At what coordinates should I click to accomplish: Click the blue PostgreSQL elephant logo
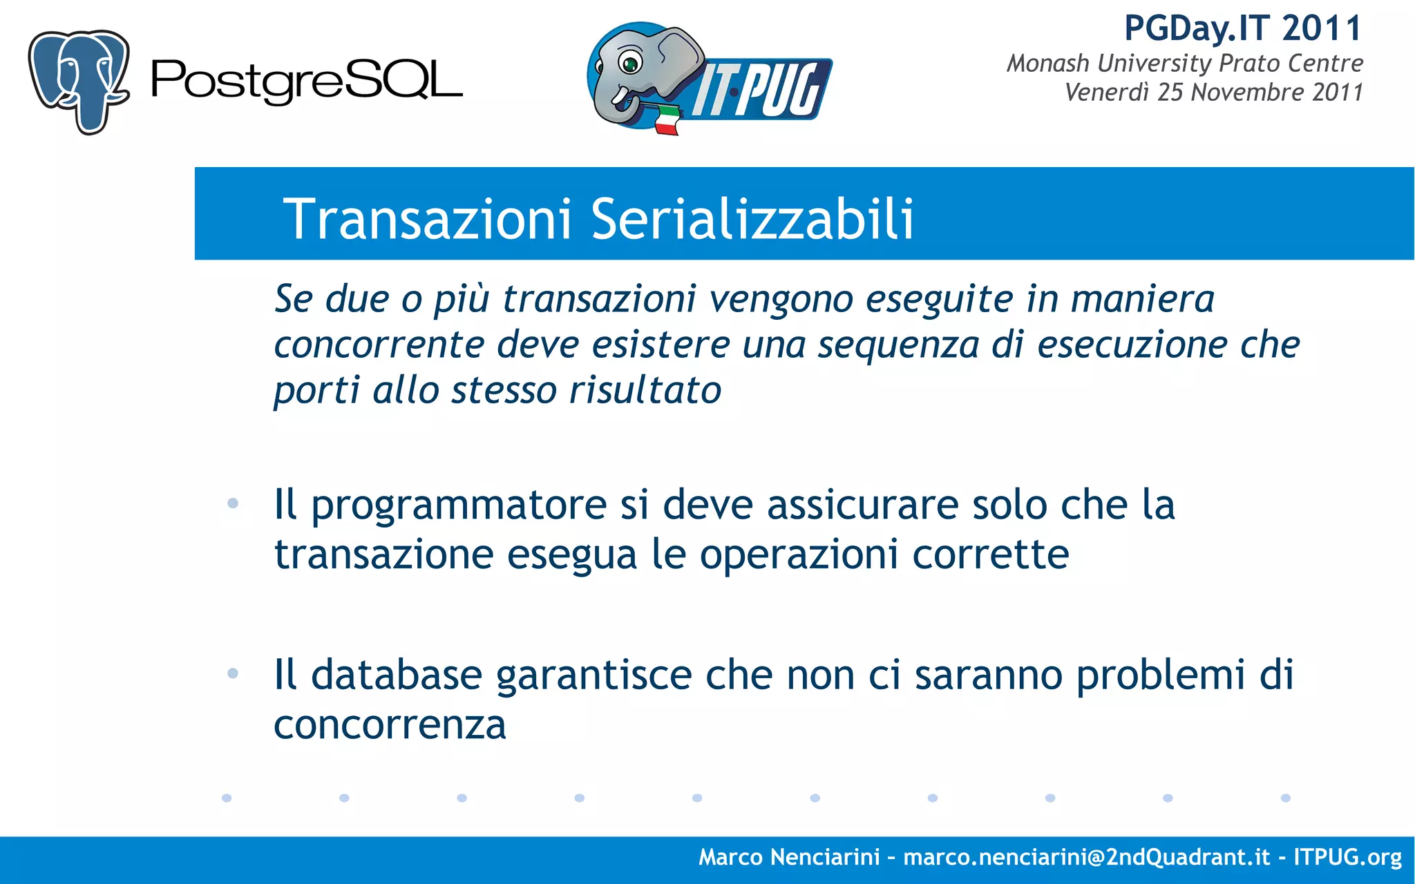click(x=78, y=81)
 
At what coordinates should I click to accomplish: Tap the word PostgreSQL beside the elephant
click(x=306, y=81)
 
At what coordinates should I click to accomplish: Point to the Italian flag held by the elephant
click(x=667, y=120)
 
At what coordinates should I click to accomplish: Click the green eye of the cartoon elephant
click(x=630, y=65)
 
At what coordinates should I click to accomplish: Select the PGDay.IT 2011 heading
click(x=1242, y=29)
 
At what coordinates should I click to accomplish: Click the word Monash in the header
click(x=1047, y=64)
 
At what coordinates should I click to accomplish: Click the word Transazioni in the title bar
click(x=428, y=219)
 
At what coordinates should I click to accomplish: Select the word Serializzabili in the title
click(x=752, y=219)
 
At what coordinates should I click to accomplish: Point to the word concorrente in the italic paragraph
click(x=379, y=345)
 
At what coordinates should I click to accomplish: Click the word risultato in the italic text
click(x=645, y=390)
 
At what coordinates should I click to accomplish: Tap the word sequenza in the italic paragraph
click(x=898, y=345)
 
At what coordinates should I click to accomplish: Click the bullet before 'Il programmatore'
click(x=233, y=503)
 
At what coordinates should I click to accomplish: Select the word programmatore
click(x=459, y=506)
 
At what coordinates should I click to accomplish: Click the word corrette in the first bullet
click(x=990, y=554)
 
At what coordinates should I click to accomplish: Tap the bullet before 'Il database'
click(x=233, y=673)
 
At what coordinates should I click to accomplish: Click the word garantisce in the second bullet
click(x=593, y=675)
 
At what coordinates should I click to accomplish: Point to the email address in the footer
click(x=1087, y=857)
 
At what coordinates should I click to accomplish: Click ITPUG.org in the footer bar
click(x=1347, y=857)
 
